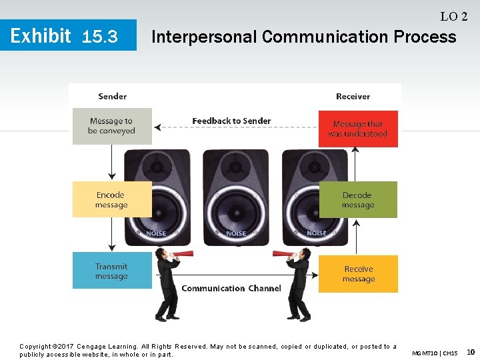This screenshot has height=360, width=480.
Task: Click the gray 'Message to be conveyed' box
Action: (112, 126)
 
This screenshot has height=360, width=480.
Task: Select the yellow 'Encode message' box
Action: (111, 199)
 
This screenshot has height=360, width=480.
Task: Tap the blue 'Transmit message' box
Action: (111, 271)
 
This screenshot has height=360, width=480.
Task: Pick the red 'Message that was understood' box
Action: (358, 129)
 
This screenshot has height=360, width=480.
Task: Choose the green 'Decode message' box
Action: (358, 200)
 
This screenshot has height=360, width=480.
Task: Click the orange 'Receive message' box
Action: (358, 274)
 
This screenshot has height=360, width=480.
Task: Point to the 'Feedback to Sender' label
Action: (231, 121)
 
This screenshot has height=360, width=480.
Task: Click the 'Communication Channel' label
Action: (231, 288)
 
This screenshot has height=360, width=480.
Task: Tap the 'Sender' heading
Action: (112, 96)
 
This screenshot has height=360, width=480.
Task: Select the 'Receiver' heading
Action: (353, 96)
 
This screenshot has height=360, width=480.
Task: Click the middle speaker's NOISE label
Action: (236, 233)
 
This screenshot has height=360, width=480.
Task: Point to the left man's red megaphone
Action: (181, 254)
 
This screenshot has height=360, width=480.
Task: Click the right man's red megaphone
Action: (282, 253)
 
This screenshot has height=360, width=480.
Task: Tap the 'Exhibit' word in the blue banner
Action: (41, 35)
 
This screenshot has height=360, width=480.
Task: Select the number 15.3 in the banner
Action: (99, 37)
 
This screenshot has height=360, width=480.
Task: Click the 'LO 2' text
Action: (453, 16)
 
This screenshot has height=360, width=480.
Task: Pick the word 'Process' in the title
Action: (425, 36)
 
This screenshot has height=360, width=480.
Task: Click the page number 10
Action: (471, 351)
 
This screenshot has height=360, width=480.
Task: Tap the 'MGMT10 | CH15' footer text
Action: (435, 353)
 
